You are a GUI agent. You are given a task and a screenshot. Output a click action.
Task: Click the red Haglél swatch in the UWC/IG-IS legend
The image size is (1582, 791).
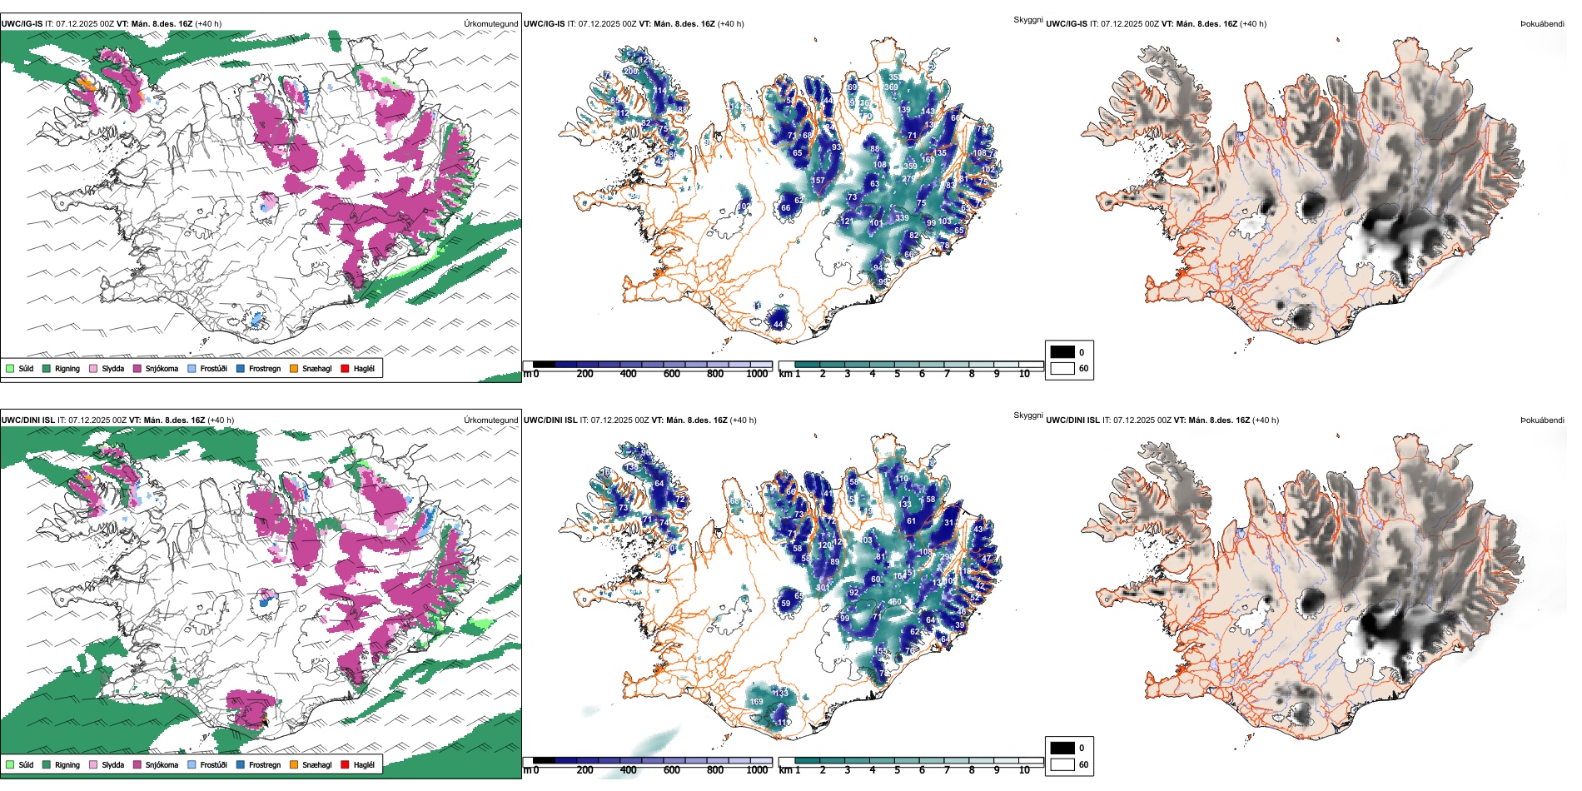point(345,368)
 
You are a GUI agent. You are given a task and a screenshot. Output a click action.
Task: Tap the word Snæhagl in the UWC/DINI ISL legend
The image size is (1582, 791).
point(316,764)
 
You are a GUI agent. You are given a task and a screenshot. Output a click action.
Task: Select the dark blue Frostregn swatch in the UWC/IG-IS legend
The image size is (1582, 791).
point(241,368)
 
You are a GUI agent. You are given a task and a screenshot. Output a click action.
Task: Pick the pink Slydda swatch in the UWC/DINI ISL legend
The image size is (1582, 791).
point(93,764)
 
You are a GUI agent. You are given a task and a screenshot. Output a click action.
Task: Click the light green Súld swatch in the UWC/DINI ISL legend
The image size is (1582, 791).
point(10,764)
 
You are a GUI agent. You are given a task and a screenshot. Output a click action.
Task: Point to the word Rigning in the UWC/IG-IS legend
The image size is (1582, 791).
point(67,368)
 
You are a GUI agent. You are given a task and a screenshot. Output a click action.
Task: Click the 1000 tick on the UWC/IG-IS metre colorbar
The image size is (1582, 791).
point(757,374)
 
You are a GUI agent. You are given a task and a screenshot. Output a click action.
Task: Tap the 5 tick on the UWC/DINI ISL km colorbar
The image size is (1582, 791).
point(897,770)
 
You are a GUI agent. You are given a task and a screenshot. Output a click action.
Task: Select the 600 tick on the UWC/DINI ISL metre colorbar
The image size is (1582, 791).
point(671,770)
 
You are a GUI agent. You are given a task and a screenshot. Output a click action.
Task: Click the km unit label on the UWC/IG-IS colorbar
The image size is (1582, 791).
point(784,374)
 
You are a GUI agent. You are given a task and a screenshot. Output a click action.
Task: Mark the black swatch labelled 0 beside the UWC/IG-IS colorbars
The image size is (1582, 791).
point(1062,352)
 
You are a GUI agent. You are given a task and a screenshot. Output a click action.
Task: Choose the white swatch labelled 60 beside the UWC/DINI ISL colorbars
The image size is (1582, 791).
point(1062,764)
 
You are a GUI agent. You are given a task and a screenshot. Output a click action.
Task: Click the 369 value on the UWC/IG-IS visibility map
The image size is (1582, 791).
point(891,87)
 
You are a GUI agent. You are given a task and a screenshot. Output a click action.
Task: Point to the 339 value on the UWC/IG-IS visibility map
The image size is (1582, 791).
point(902,217)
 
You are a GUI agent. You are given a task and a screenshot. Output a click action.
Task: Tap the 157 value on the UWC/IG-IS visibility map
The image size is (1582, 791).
point(818,180)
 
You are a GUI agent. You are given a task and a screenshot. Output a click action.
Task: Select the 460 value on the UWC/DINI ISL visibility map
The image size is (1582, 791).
point(894,601)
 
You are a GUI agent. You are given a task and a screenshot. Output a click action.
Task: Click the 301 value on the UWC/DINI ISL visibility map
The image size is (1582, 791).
point(822,587)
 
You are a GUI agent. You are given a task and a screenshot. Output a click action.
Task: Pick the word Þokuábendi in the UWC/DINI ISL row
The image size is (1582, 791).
point(1542,420)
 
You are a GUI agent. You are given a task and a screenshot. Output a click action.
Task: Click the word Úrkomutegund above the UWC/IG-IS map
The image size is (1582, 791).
point(490,24)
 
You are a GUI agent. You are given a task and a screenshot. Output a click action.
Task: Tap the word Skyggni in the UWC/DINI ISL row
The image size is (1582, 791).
point(1027,415)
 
